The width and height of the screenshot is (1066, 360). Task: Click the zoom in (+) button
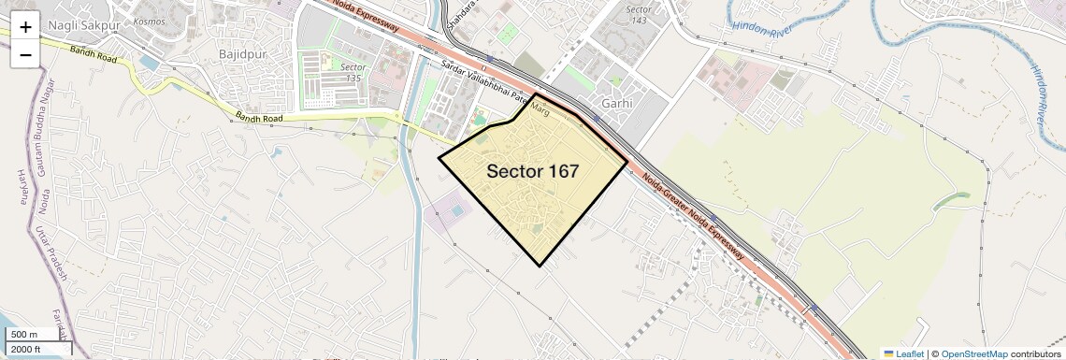coord(25,27)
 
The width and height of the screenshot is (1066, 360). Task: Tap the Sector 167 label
coord(532,171)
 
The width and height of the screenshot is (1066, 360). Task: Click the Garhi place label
coord(617,103)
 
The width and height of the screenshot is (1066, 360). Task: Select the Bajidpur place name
coord(242,54)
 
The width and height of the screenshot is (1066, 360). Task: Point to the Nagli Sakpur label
coord(78,23)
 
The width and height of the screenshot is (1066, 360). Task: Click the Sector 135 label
coord(353,73)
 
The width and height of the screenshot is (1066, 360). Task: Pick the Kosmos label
coord(150,21)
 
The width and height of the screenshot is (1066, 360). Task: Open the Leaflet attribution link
coord(903,353)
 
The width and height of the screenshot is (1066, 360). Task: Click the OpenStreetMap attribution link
coord(973,353)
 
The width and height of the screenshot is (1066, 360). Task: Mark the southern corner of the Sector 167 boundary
coord(541,266)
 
